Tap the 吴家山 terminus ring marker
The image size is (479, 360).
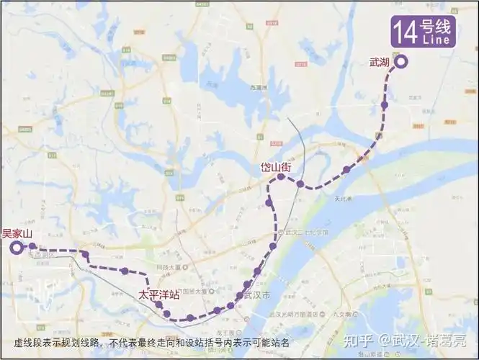tap(16, 248)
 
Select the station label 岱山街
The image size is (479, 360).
tap(276, 167)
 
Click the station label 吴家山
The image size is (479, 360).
tap(18, 233)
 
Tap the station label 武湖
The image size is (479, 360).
tap(379, 63)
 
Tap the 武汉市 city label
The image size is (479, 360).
tap(257, 296)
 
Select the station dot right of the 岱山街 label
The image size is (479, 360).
tap(300, 184)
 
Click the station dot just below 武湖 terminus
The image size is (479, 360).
tap(385, 105)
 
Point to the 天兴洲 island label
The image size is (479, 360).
tap(341, 199)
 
